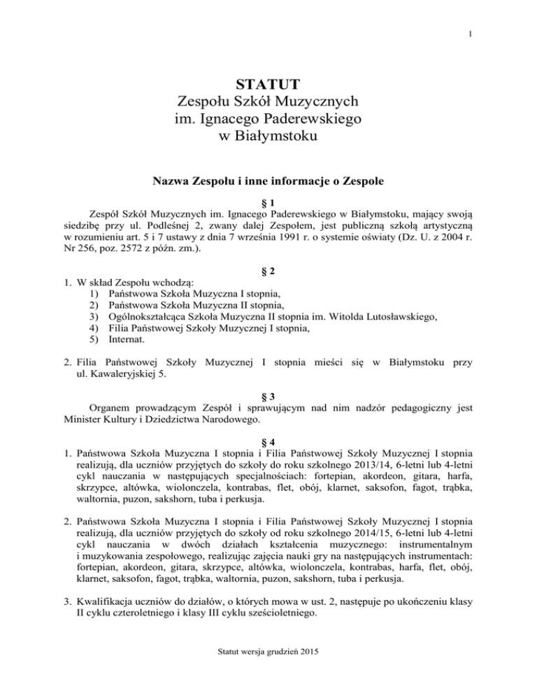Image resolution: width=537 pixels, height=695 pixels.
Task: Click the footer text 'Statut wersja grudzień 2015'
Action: tap(268, 672)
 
